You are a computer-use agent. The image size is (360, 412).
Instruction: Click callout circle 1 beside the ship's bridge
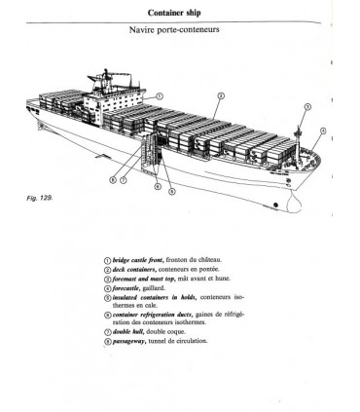pyautogui.click(x=160, y=95)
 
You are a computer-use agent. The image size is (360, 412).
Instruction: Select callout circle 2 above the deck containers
pyautogui.click(x=221, y=95)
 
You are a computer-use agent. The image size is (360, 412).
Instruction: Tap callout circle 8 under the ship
pyautogui.click(x=113, y=179)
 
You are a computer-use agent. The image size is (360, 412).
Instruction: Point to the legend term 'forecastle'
pyautogui.click(x=126, y=287)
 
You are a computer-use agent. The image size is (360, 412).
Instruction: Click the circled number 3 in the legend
pyautogui.click(x=107, y=278)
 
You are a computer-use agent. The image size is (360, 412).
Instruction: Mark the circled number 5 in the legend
pyautogui.click(x=107, y=297)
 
